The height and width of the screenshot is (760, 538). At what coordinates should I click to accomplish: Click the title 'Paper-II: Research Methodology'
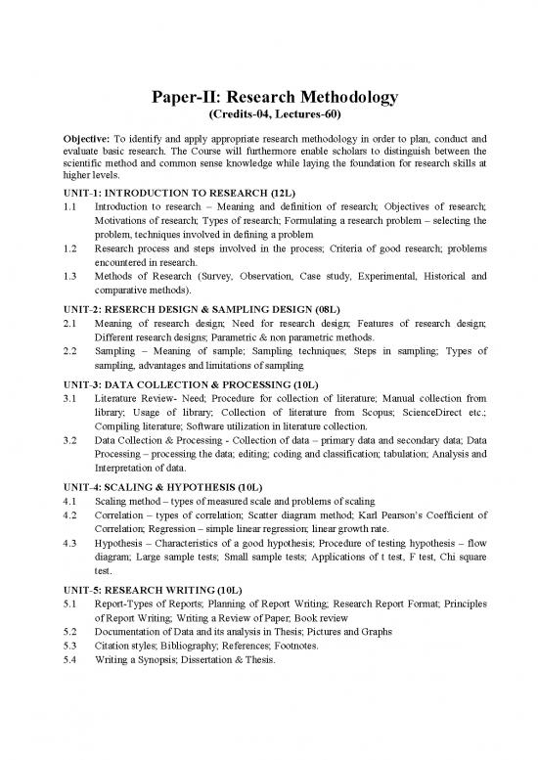point(268,97)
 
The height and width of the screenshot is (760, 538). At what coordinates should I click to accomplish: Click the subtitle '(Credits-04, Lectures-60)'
point(268,116)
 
